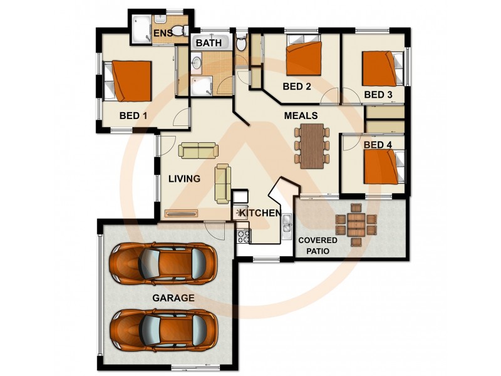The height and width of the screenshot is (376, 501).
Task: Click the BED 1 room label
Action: click(133, 115)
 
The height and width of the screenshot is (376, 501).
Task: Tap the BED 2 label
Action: click(297, 86)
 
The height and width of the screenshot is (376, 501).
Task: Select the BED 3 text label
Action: click(378, 95)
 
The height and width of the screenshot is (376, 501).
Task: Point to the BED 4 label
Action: click(378, 145)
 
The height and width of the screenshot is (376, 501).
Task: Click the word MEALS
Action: click(301, 116)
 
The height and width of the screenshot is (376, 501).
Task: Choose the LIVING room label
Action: click(184, 179)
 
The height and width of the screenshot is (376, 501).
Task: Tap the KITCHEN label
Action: click(260, 213)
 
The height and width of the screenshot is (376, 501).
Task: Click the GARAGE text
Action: click(173, 298)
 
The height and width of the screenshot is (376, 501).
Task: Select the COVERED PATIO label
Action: click(318, 246)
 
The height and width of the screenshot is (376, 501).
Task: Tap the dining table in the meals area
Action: click(311, 146)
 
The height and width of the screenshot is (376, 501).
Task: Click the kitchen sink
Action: click(287, 223)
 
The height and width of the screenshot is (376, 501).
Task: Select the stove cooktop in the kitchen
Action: click(243, 236)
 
